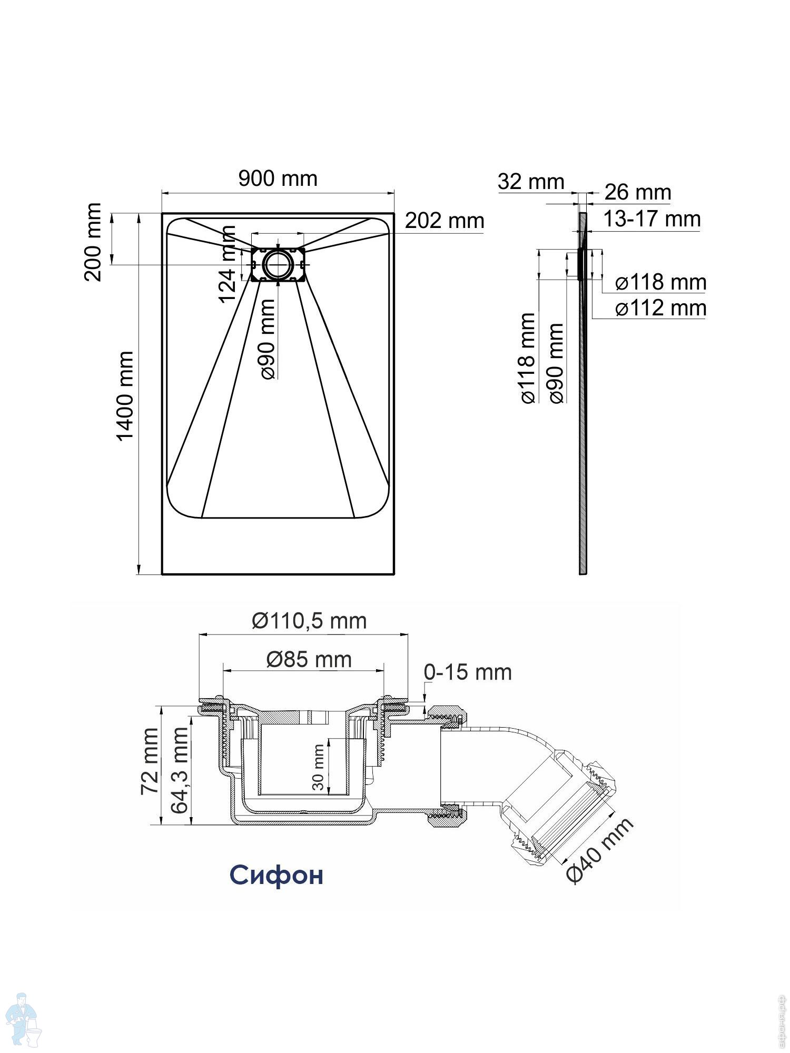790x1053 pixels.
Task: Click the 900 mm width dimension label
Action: pyautogui.click(x=278, y=178)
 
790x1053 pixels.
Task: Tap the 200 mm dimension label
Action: pyautogui.click(x=93, y=242)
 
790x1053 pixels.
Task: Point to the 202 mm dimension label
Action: pyautogui.click(x=444, y=221)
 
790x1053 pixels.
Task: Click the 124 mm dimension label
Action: pyautogui.click(x=228, y=264)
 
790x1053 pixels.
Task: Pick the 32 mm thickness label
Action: pyautogui.click(x=531, y=182)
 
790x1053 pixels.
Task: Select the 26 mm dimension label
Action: pyautogui.click(x=638, y=192)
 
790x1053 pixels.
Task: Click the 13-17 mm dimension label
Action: pyautogui.click(x=651, y=219)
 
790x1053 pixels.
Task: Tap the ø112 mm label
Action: pyautogui.click(x=661, y=308)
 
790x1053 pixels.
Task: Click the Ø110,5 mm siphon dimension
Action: pyautogui.click(x=309, y=621)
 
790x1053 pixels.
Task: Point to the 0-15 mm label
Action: pyautogui.click(x=468, y=672)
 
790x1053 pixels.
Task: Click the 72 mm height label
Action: pyautogui.click(x=150, y=761)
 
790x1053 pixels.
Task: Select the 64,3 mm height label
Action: pyautogui.click(x=179, y=770)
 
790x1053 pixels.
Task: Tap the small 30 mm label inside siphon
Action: pyautogui.click(x=318, y=767)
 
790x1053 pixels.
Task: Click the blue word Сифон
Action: pyautogui.click(x=276, y=875)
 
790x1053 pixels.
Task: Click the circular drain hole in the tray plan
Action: pyautogui.click(x=278, y=264)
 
